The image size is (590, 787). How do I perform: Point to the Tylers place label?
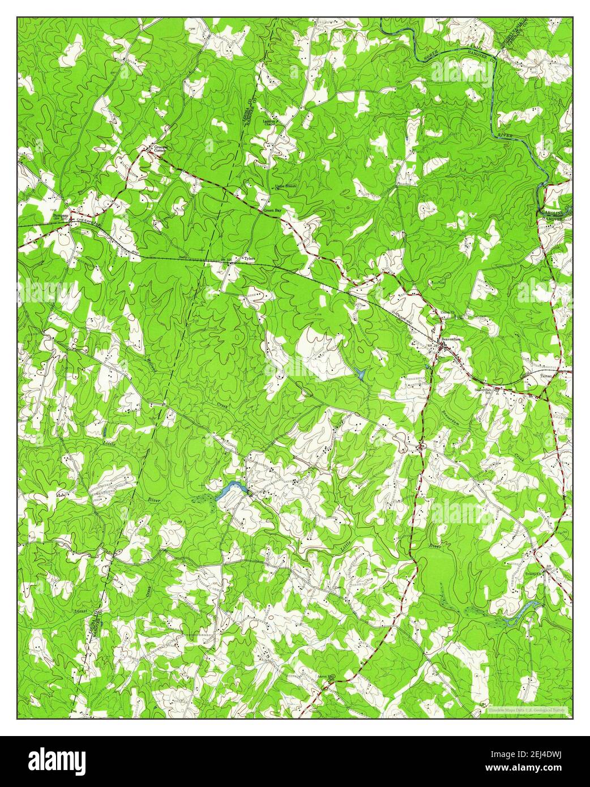249,259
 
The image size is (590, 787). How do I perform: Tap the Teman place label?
545,376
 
